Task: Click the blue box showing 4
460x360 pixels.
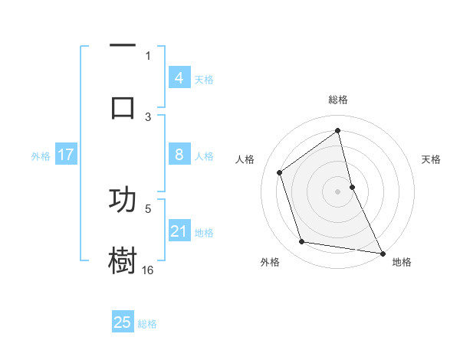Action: [179, 78]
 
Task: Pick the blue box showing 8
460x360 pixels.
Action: [179, 155]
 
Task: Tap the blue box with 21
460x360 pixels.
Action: [179, 231]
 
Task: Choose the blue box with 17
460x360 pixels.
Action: [65, 155]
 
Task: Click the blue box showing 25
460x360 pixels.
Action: [123, 322]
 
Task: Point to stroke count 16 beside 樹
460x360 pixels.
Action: [148, 270]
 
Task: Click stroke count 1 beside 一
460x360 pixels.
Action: [148, 55]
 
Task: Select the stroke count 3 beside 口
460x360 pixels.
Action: [148, 116]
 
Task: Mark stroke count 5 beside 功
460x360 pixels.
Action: [148, 208]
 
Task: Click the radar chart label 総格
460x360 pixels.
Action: [338, 100]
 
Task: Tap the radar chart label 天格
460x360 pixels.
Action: [431, 159]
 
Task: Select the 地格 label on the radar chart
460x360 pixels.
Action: [402, 262]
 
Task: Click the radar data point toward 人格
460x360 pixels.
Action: [280, 172]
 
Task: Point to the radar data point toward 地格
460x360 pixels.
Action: [382, 252]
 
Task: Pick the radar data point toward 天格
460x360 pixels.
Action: [352, 186]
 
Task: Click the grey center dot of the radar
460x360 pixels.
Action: [338, 191]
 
